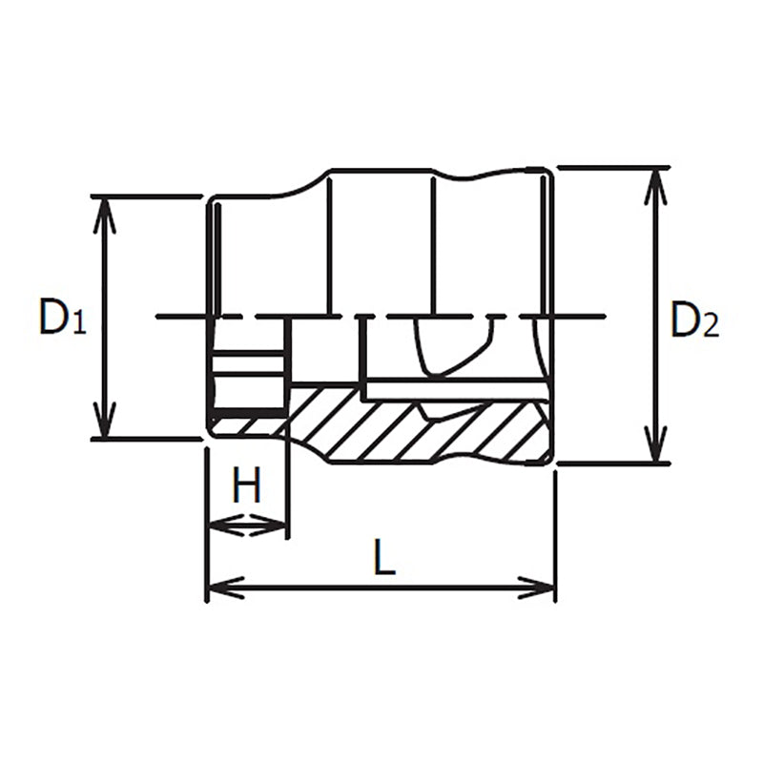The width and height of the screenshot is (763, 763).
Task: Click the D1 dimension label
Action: coord(61,318)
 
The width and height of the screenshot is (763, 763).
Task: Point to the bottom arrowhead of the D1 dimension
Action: coord(105,424)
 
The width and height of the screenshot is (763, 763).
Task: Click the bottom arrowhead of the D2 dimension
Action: coord(655,448)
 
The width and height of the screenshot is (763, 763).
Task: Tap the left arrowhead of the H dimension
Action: coord(219,525)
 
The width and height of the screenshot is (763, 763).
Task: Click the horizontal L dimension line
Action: coord(381,588)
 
